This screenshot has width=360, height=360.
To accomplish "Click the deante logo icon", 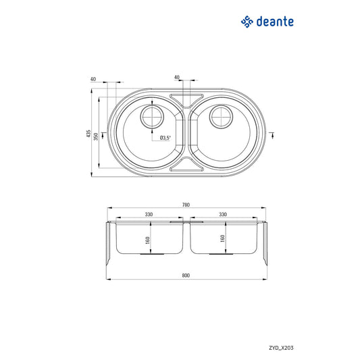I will pos(247,22).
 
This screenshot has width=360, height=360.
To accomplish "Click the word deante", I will pos(275,22).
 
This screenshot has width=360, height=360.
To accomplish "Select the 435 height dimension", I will pos(88,134).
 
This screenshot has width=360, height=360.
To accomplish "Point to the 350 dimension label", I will pos(96,136).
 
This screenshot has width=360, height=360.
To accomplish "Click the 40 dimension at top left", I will pos(93,78).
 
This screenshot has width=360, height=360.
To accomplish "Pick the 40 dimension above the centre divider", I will pos(177,78).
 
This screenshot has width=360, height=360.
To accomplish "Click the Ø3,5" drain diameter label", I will pos(165,138).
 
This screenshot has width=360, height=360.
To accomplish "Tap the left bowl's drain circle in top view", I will pos(151,118).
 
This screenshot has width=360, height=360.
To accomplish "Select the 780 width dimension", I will pos(186,205).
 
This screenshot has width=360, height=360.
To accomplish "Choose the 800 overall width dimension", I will pos(186,276).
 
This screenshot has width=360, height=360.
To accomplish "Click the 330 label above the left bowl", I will pos(148,215).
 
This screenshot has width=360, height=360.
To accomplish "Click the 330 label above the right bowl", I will pos(222,215).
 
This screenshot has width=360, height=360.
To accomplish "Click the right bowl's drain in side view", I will pos(222,255).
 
